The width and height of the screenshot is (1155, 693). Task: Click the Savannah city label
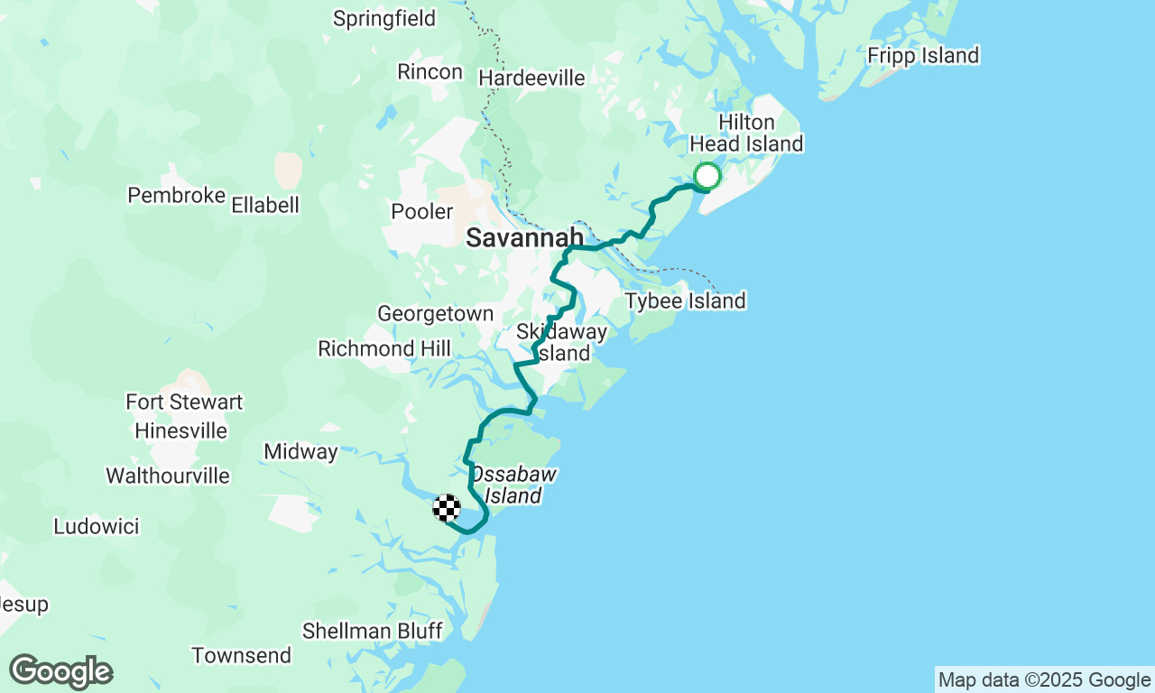(x=524, y=238)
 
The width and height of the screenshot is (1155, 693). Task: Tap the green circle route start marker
(x=707, y=176)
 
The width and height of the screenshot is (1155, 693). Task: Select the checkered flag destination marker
(x=447, y=508)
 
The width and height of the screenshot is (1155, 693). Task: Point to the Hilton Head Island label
(x=746, y=134)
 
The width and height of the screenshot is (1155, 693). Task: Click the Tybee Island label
(x=685, y=300)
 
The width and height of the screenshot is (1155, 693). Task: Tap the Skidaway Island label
(x=561, y=343)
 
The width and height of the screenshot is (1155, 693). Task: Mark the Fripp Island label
(x=922, y=56)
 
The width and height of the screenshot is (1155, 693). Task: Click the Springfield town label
(x=384, y=18)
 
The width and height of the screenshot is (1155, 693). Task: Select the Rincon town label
(x=430, y=71)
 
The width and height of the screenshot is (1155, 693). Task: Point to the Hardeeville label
(x=531, y=79)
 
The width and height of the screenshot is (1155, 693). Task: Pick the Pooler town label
(x=421, y=212)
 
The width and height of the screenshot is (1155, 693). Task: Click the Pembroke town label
(x=176, y=196)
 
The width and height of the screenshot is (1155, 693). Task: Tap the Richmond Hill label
(x=384, y=348)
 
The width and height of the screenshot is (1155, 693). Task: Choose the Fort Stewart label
(x=184, y=402)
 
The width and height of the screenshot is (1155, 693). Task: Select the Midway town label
(x=300, y=451)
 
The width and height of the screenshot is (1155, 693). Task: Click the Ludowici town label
(x=97, y=526)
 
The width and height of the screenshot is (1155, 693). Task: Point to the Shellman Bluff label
(x=372, y=631)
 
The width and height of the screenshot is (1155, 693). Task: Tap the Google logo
(x=60, y=672)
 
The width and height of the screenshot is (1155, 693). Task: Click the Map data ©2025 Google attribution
(x=1044, y=680)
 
